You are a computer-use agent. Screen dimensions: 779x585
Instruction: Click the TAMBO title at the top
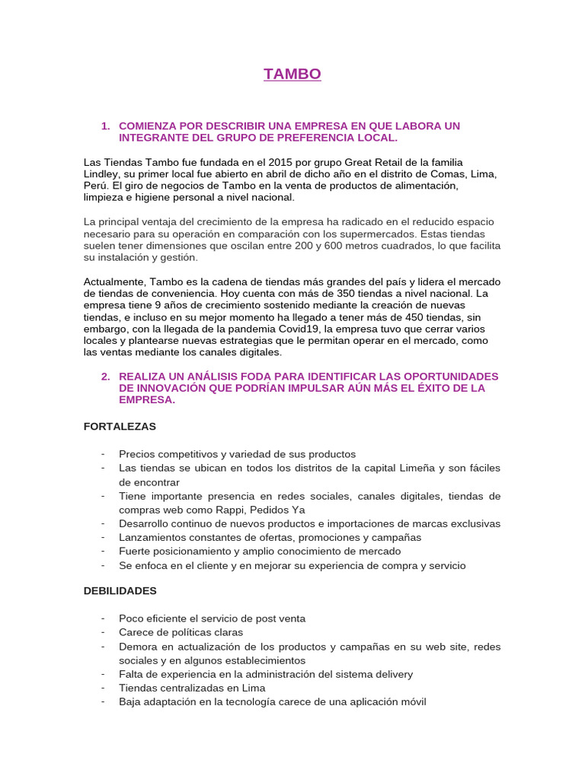[292, 74]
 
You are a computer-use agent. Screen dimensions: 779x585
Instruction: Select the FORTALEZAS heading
[120, 426]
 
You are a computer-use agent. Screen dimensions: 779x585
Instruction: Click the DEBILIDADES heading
[120, 590]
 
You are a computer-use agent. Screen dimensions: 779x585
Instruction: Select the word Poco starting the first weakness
[130, 618]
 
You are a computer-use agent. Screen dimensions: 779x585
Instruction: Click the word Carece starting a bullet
[136, 632]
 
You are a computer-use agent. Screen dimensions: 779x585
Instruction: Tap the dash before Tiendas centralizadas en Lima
[103, 688]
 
